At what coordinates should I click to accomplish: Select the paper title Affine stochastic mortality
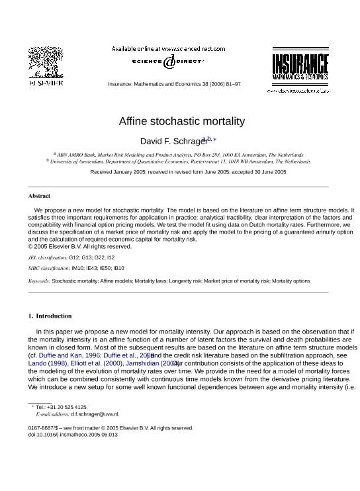point(181,121)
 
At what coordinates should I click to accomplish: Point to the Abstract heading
point(39,196)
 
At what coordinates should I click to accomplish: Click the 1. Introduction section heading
point(50,316)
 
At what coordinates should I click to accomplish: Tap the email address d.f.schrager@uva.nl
point(95,414)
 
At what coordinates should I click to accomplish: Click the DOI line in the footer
point(73,435)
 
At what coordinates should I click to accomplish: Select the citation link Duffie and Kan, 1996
point(69,355)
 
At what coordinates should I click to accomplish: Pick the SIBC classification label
point(48,268)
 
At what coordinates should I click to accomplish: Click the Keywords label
point(39,281)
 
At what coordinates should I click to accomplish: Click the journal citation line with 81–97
point(174,84)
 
